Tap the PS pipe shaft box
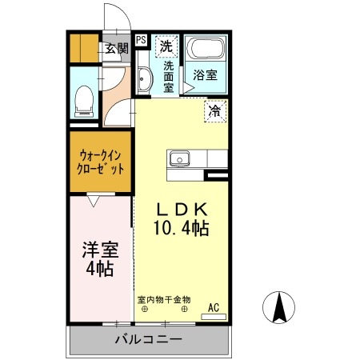coord(141,39)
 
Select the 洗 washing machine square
coord(166,46)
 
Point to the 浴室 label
coord(205,76)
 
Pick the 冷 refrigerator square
coord(215,111)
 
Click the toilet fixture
coord(82,100)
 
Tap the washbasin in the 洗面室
coord(144,78)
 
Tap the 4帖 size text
coord(100,269)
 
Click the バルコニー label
coord(147,339)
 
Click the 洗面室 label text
coord(169,77)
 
